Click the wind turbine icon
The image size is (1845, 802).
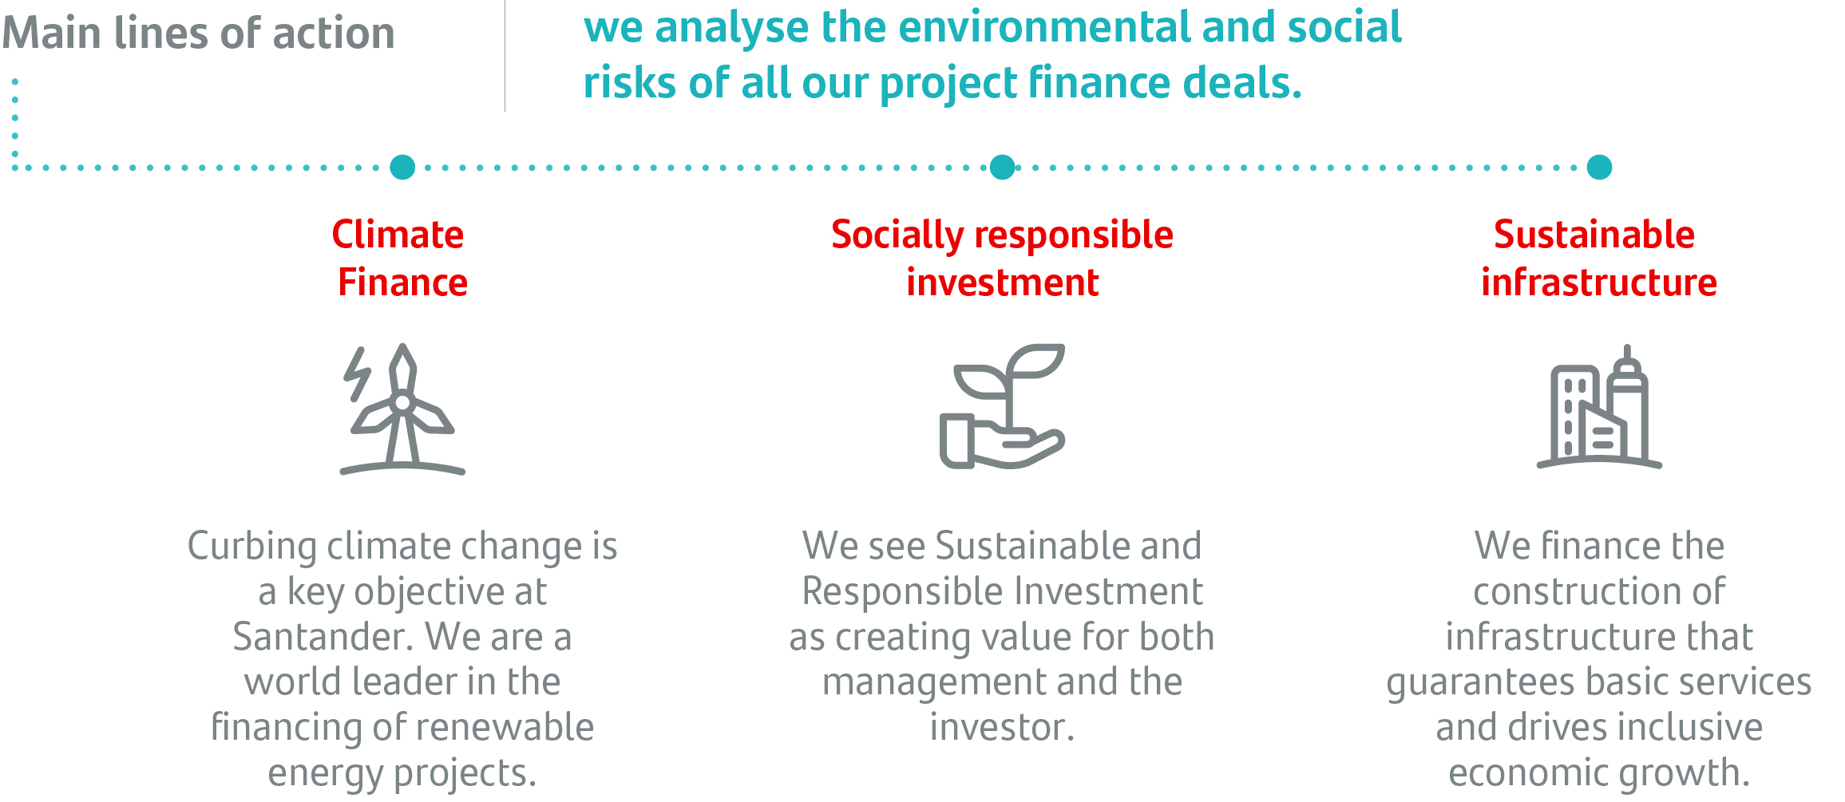coord(402,409)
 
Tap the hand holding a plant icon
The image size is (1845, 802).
coord(1002,406)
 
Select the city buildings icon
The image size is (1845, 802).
coord(1599,406)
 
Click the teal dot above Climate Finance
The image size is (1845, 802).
coord(402,167)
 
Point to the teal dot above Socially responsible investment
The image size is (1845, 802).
coord(1002,167)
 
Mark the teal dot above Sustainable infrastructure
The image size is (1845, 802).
coord(1599,167)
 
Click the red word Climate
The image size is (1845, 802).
coord(398,235)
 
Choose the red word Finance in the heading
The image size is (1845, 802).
coord(402,282)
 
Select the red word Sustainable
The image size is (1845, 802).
coord(1594,235)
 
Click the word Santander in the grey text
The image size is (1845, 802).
coord(323,637)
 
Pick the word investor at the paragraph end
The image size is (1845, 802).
coord(1002,727)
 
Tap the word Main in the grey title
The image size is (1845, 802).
coord(53,34)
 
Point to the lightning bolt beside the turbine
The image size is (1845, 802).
coord(357,373)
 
